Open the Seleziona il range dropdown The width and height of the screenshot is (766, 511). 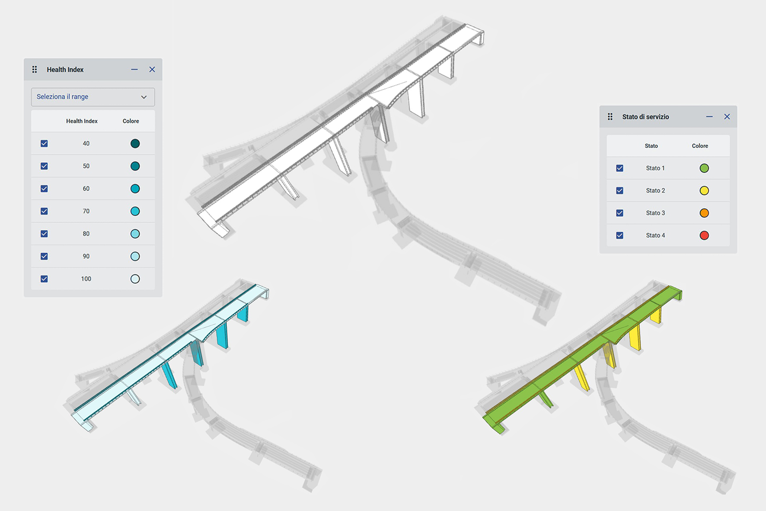93,97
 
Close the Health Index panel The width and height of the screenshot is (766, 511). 152,69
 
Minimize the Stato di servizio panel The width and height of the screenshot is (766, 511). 709,116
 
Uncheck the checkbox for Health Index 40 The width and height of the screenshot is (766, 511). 44,144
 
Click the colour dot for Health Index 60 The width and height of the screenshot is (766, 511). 135,189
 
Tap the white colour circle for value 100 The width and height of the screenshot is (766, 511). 135,279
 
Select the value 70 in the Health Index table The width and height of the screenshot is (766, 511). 86,211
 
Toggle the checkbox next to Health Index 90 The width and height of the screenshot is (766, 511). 44,256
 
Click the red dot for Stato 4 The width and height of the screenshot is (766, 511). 704,235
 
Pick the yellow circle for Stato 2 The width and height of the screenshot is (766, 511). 704,190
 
